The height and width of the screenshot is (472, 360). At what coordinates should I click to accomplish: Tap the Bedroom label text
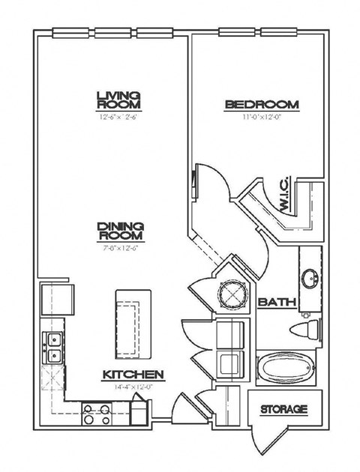click(x=262, y=105)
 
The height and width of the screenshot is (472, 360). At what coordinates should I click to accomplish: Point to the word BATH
click(x=276, y=302)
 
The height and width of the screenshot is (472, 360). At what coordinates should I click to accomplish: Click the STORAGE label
click(x=284, y=409)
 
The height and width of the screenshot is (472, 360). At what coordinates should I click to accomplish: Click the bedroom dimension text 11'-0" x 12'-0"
click(x=262, y=117)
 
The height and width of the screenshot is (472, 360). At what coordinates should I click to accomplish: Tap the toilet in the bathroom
click(x=307, y=329)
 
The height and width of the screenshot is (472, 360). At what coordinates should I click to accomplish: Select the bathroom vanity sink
click(x=310, y=278)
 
